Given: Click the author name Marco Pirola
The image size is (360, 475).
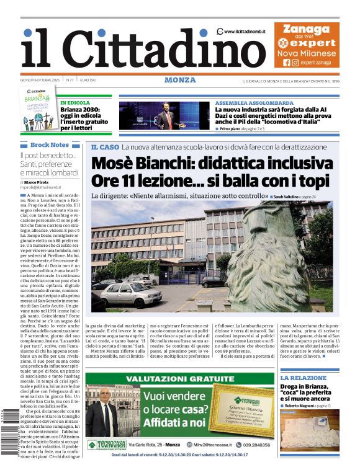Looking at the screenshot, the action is (x=38, y=182).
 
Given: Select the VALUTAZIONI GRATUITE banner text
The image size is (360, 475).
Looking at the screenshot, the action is (x=179, y=379).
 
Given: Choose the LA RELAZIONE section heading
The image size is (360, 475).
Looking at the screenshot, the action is (x=303, y=378).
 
